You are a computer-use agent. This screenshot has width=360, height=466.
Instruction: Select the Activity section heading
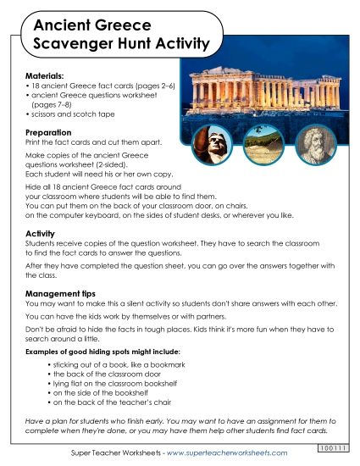pyautogui.click(x=41, y=231)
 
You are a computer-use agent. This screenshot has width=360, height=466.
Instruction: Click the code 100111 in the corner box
pyautogui.click(x=335, y=447)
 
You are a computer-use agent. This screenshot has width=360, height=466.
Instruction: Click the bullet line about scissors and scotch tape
pyautogui.click(x=73, y=113)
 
